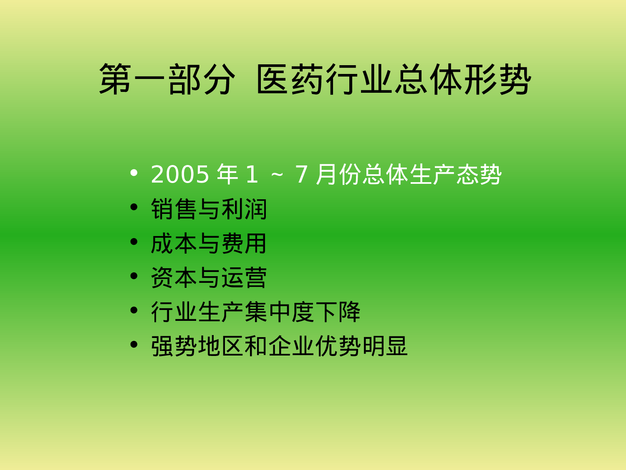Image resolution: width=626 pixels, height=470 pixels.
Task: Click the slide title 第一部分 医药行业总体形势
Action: coord(315,79)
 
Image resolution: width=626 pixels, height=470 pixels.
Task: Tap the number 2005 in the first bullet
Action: coord(180,174)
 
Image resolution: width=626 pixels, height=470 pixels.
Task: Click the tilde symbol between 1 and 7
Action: coord(277,175)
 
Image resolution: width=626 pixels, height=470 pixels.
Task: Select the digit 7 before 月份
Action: coord(301,174)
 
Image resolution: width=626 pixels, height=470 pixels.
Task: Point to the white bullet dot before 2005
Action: coord(134,172)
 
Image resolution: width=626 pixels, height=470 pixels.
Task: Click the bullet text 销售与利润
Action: coord(209,209)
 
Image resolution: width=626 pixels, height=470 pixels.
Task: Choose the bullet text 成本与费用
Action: coord(209,244)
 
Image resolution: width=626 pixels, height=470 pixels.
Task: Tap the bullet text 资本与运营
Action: coord(209,278)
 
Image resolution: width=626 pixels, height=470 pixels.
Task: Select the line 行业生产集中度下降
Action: coord(255,312)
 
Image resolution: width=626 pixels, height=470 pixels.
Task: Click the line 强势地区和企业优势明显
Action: coord(279,346)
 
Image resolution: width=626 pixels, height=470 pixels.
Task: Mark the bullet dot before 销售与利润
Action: coord(134,207)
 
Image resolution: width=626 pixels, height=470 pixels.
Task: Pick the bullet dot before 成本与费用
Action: coord(134,241)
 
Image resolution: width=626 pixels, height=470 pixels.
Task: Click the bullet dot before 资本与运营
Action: coord(134,276)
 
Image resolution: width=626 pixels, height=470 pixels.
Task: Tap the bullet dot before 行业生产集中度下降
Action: coord(134,310)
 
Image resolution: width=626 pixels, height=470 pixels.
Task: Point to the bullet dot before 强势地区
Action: coord(134,344)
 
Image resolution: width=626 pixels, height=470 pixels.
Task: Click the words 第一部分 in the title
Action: coord(167,79)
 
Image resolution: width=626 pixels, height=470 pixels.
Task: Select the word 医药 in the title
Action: coord(291,79)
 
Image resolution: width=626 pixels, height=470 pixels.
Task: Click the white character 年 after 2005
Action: coord(227,174)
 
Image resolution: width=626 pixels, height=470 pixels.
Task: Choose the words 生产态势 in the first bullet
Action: coord(455,174)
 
